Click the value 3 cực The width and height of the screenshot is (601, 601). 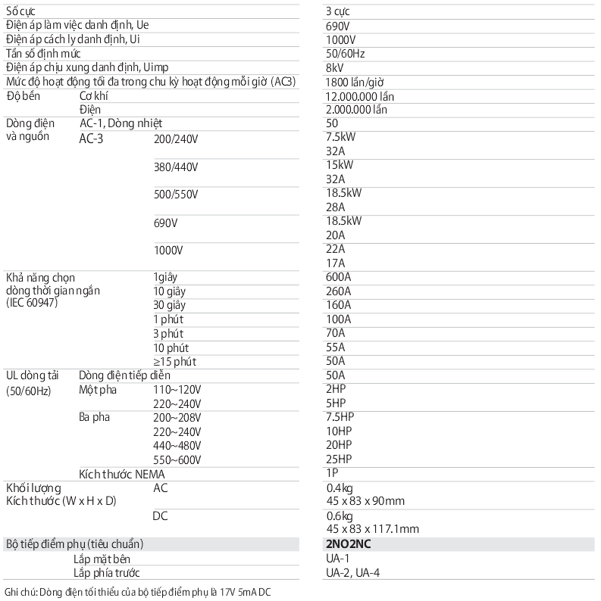(x=339, y=11)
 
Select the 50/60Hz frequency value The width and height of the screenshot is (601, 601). (x=346, y=54)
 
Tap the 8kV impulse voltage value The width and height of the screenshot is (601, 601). (x=334, y=67)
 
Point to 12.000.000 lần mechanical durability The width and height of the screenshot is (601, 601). (x=360, y=96)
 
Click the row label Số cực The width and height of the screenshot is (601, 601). (x=23, y=11)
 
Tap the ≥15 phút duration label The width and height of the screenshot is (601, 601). (x=175, y=361)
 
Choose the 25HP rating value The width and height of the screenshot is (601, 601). (x=339, y=459)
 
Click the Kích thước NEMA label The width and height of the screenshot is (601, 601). (x=122, y=474)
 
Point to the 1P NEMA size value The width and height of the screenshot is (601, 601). (x=331, y=473)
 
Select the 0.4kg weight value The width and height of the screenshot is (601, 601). (x=339, y=487)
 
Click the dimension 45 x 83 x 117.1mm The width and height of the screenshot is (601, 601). (x=372, y=529)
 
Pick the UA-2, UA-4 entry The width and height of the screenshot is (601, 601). (x=352, y=573)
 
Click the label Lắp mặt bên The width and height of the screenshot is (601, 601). (x=102, y=559)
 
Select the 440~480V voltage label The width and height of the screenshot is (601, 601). (x=177, y=445)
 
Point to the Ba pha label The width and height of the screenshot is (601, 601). (x=94, y=417)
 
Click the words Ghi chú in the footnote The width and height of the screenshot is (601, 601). (x=20, y=591)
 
